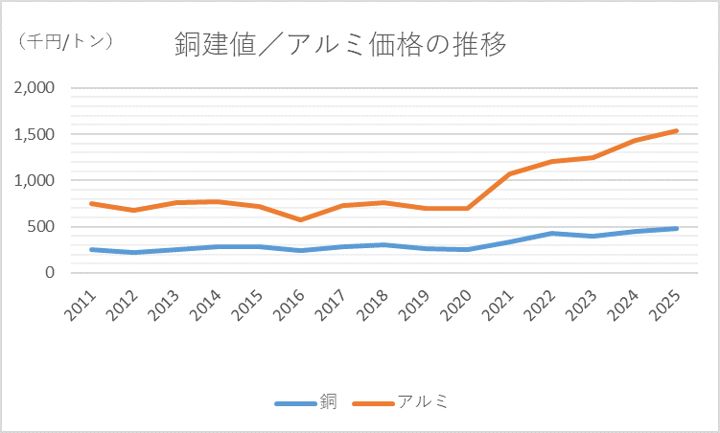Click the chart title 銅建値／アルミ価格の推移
click(340, 43)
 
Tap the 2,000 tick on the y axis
click(35, 88)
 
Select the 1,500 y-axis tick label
click(35, 134)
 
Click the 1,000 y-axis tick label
click(35, 180)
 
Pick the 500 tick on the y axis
click(43, 227)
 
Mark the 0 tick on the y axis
click(51, 273)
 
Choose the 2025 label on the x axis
click(668, 304)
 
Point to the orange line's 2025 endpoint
click(677, 131)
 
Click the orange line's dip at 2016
click(301, 220)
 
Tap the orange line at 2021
click(510, 174)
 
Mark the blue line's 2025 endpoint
click(677, 229)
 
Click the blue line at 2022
click(552, 233)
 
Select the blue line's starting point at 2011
click(91, 250)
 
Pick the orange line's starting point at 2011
click(91, 203)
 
